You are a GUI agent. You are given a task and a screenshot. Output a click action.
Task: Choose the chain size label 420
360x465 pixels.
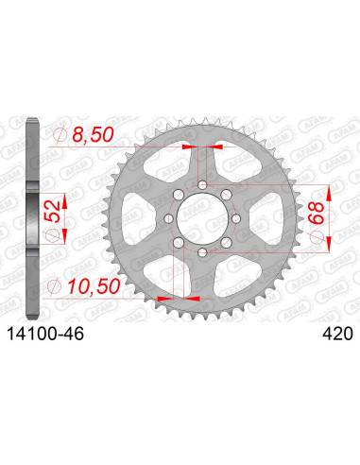point(336,334)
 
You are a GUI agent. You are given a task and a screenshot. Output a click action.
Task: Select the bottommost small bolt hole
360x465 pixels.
point(201,255)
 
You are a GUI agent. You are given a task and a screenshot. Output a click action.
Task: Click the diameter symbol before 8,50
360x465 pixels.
point(62,137)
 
